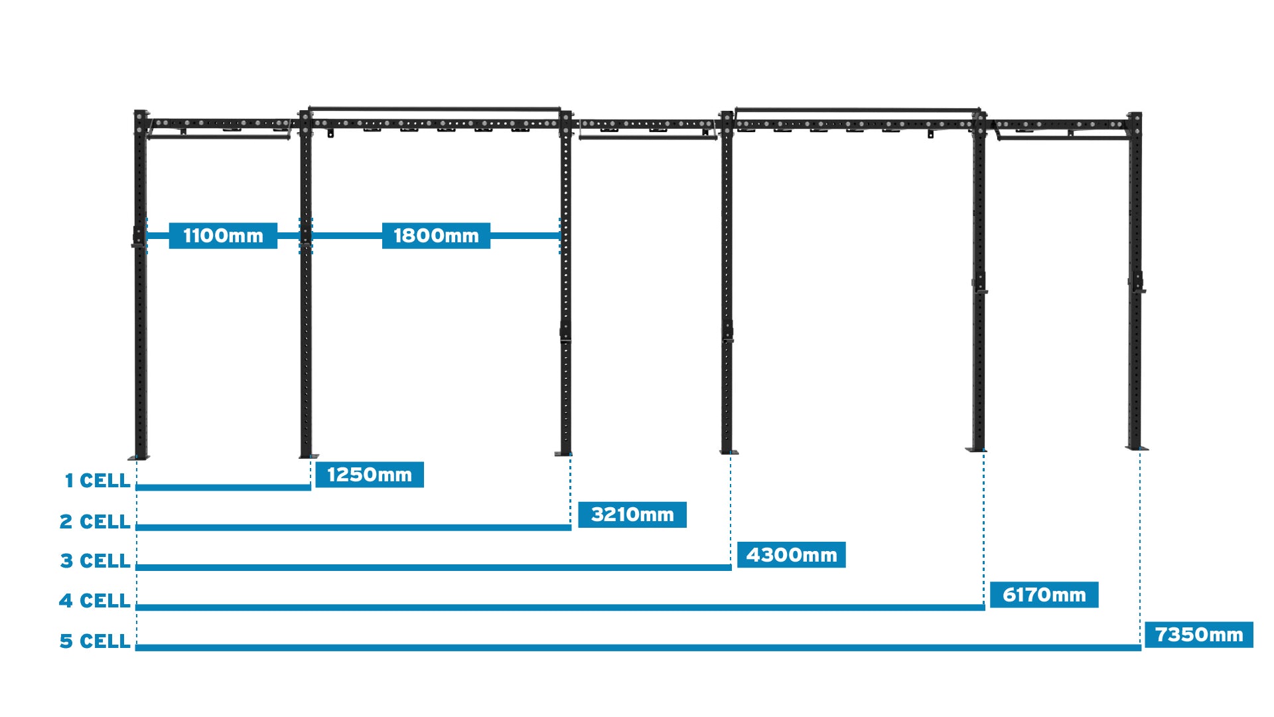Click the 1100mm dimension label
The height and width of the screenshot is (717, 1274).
tap(223, 236)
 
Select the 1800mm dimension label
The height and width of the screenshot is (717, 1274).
tap(436, 236)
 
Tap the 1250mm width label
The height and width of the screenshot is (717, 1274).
tap(369, 475)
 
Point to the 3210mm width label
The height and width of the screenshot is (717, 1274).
tap(632, 515)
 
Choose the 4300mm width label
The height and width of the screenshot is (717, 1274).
tap(791, 555)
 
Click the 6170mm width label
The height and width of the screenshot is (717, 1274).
tap(1044, 595)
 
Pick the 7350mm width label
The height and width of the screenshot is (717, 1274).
tap(1198, 635)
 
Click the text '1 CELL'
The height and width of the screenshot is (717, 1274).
tap(97, 481)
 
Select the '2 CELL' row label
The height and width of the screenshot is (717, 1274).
tap(95, 522)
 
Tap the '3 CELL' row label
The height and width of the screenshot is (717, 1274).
tap(95, 561)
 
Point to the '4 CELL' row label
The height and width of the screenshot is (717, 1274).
tap(94, 601)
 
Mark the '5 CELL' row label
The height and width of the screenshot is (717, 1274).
tap(94, 641)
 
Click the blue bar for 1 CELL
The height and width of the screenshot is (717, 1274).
tap(223, 487)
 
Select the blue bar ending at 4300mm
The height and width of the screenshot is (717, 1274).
tap(433, 568)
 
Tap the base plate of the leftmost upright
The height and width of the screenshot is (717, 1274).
tap(139, 457)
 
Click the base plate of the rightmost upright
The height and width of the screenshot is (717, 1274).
tap(1137, 448)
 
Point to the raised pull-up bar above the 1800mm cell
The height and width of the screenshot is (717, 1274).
tap(435, 109)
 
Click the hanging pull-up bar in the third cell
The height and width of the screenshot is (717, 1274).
tap(647, 137)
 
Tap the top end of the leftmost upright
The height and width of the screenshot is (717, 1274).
tap(141, 114)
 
